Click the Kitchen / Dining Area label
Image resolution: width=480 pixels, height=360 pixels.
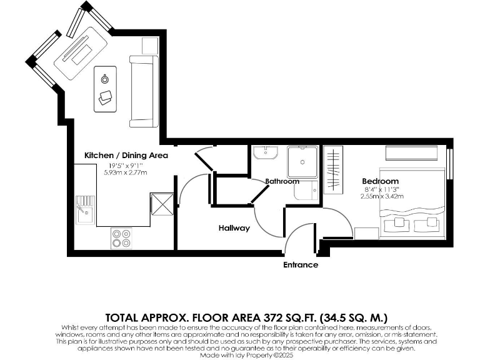[x=126, y=155]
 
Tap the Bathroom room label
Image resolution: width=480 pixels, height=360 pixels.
[x=282, y=181]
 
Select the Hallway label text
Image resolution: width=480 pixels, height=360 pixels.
[x=234, y=228]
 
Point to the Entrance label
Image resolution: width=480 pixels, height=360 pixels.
[x=301, y=265]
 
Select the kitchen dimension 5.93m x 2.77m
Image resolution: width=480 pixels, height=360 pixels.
[x=126, y=172]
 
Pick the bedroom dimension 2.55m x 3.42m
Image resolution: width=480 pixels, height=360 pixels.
[x=381, y=196]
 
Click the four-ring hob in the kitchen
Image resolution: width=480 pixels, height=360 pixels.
[x=121, y=237]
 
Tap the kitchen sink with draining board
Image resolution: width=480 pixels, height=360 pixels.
[x=84, y=210]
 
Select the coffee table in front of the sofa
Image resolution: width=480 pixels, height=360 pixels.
[x=105, y=88]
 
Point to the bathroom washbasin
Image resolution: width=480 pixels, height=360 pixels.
[x=267, y=154]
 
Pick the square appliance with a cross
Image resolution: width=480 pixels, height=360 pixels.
[x=161, y=204]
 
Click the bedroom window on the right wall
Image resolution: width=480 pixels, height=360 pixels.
[x=450, y=166]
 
